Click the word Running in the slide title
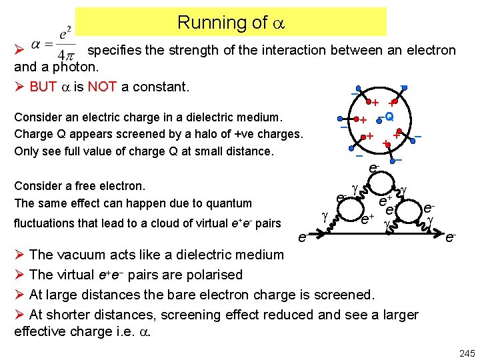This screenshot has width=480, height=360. [x=203, y=23]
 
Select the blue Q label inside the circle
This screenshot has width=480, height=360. [x=389, y=116]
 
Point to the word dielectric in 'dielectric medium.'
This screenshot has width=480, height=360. [x=229, y=117]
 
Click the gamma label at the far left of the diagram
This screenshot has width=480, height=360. [x=324, y=216]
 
